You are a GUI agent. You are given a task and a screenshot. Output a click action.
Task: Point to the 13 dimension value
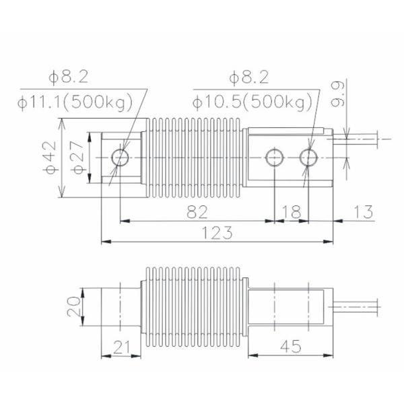pos(362,212)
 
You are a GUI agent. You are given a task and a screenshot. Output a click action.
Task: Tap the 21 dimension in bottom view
pos(121,347)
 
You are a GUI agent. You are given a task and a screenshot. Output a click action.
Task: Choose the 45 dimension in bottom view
pos(290,347)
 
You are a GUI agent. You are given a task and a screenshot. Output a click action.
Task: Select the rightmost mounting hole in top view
pos(309,157)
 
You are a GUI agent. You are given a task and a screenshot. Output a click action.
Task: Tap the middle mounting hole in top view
pos(274,157)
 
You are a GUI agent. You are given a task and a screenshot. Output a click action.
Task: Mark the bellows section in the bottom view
pos(195,306)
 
